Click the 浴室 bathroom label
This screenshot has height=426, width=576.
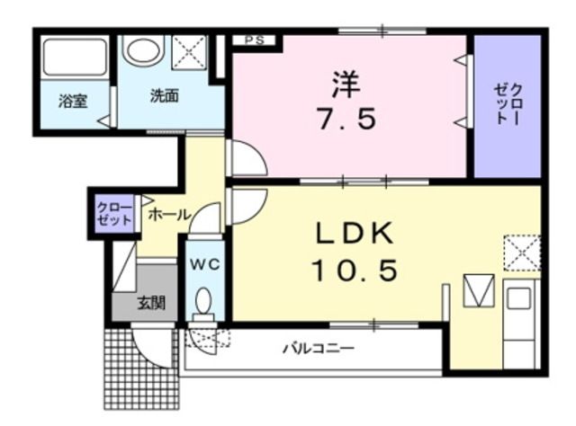72,101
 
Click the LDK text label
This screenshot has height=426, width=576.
354,235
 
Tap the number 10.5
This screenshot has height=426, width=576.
354,269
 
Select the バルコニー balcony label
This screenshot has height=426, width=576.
319,347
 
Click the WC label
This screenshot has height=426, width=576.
204,265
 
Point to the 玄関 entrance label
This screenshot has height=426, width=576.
150,303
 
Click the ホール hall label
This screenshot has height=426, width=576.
168,215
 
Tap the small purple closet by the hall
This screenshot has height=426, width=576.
114,215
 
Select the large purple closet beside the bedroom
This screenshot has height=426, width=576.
508,106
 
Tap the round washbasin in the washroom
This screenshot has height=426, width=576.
144,50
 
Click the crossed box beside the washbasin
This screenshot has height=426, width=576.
189,50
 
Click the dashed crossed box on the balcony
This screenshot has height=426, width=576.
207,338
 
